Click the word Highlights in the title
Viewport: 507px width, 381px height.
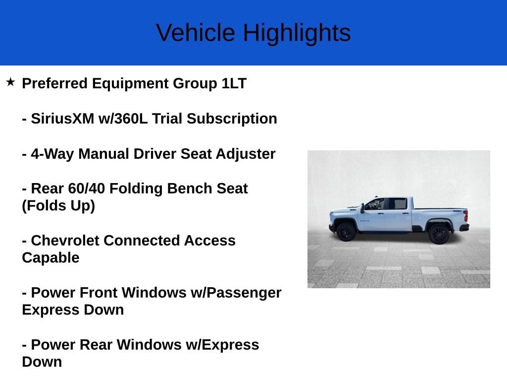tap(297, 33)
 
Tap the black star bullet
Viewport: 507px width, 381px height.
tap(10, 82)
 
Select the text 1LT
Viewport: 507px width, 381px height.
tap(234, 83)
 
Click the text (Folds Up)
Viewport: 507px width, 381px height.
tap(58, 205)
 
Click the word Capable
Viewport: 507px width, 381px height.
tap(51, 257)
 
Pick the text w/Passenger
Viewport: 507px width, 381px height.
tap(236, 293)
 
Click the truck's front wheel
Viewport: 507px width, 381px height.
tap(346, 232)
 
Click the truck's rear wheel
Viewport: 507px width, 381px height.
tap(439, 234)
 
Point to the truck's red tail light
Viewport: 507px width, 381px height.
tap(465, 216)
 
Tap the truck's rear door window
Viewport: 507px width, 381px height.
tap(397, 204)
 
